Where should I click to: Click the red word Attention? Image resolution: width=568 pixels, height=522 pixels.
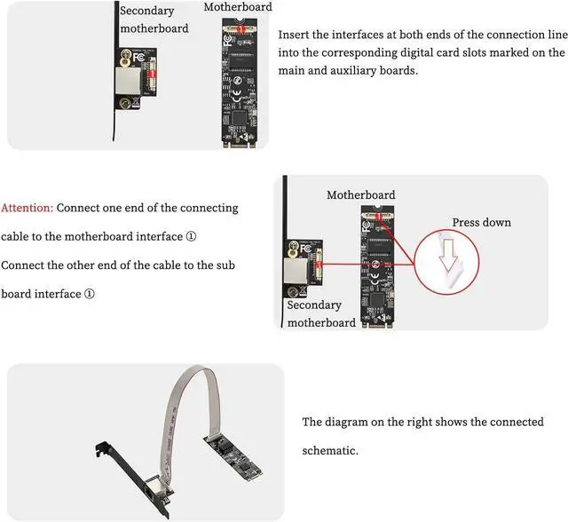tap(28, 208)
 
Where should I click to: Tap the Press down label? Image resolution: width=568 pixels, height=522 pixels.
tap(481, 222)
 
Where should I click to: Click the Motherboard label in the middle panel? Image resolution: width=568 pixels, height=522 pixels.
tap(360, 194)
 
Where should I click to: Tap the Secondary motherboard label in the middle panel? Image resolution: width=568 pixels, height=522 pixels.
tap(314, 313)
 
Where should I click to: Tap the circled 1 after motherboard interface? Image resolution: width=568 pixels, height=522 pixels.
tap(191, 236)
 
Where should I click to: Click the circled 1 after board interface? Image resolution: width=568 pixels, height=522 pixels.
tap(89, 294)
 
